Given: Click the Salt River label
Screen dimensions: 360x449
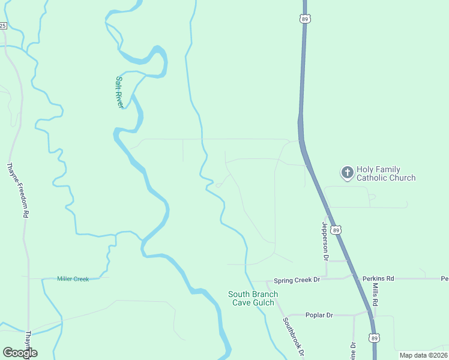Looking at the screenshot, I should [120, 92].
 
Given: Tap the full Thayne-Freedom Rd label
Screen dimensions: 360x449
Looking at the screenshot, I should [18, 190].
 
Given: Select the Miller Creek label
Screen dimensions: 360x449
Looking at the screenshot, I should [73, 279].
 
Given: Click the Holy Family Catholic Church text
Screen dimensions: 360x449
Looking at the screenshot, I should [386, 173].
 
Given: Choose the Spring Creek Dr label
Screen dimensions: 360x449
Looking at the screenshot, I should [297, 280].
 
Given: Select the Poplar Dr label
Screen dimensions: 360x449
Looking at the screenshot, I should [319, 315].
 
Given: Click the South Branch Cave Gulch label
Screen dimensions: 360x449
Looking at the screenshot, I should [253, 298].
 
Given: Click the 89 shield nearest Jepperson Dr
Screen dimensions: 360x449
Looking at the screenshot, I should [336, 229].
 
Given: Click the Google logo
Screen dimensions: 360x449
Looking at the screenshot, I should [20, 353].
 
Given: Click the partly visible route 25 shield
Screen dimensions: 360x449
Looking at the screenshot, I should [3, 25].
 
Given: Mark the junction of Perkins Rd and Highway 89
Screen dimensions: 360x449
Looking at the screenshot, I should [357, 277].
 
